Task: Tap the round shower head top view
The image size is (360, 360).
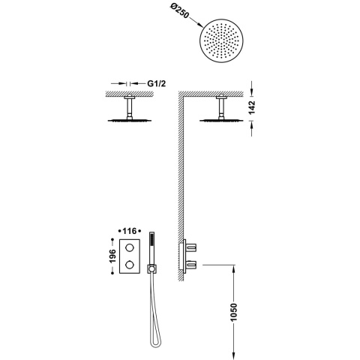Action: pos(221,40)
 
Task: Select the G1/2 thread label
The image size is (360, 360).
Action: pos(156,83)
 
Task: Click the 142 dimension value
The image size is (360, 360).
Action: pos(252,107)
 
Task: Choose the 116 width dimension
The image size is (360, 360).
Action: pos(130,231)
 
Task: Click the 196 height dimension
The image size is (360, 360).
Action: pos(112,256)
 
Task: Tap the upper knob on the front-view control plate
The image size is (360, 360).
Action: pos(130,247)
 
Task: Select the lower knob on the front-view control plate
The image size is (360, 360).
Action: pos(130,265)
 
